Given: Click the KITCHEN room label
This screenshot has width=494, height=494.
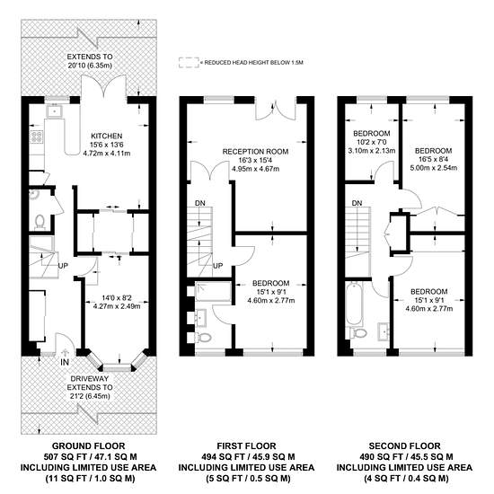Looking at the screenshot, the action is [x=107, y=137].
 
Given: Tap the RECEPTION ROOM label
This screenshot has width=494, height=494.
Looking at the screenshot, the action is [x=255, y=152].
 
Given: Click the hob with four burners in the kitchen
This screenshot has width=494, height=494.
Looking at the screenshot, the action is [x=37, y=137].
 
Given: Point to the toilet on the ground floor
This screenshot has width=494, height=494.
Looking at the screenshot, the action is [x=40, y=221].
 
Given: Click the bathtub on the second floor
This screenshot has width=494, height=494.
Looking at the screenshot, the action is [x=354, y=303].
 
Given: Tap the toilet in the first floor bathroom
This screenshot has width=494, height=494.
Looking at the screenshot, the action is [x=203, y=338].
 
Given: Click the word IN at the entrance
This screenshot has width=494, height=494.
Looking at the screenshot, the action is [x=65, y=362].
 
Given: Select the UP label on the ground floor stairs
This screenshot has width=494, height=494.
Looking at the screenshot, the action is [x=63, y=266].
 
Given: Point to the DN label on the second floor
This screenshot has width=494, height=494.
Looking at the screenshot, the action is [x=357, y=203].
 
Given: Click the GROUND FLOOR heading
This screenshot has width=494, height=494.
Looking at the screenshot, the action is [x=89, y=446].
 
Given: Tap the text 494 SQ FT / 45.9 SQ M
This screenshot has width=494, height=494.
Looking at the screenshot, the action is [x=247, y=457].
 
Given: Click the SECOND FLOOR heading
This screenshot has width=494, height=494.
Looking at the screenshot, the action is [x=404, y=446].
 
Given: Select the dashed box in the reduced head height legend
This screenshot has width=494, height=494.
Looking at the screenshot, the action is [x=189, y=63].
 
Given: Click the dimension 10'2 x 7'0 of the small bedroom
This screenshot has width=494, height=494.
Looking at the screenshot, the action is [x=372, y=142].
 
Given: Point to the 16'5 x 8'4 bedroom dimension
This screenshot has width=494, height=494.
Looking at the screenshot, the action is [x=434, y=159].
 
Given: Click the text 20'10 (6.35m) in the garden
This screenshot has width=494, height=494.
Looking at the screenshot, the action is [x=90, y=66].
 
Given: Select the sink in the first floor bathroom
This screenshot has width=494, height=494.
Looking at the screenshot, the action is [x=200, y=316].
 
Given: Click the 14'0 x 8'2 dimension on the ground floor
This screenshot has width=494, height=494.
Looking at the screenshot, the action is [x=117, y=297].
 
